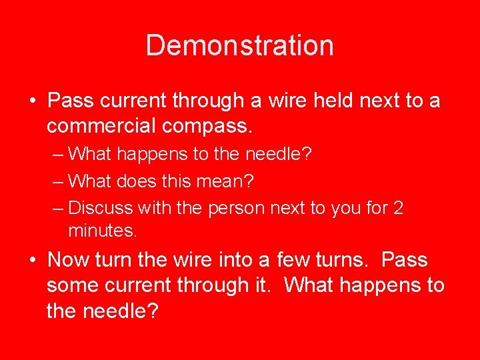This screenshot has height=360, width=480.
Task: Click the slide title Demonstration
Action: pos(239,45)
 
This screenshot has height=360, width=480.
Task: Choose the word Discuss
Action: pos(101,207)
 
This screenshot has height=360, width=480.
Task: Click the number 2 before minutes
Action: pos(398,207)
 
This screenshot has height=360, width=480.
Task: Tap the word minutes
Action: pos(102,231)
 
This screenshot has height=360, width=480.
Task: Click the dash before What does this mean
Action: pos(58,181)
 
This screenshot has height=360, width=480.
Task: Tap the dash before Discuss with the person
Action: pos(58,207)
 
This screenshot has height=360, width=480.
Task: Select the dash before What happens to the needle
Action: pos(58,154)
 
